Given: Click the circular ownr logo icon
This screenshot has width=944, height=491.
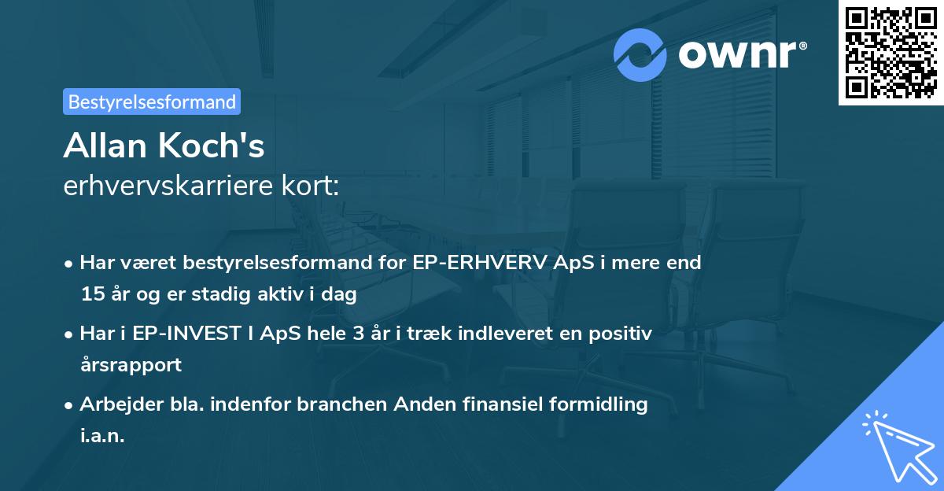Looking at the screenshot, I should click(640, 55).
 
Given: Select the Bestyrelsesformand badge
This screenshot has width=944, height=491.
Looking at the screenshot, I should click(152, 102).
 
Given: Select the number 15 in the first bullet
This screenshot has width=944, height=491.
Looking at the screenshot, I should click(90, 294).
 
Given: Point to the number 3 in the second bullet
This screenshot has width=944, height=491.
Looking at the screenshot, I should click(358, 334).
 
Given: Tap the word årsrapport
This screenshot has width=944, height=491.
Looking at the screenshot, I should click(131, 365).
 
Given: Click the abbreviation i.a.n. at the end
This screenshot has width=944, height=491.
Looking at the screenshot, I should click(102, 436).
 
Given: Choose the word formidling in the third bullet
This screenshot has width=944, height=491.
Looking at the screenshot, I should click(597, 404).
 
